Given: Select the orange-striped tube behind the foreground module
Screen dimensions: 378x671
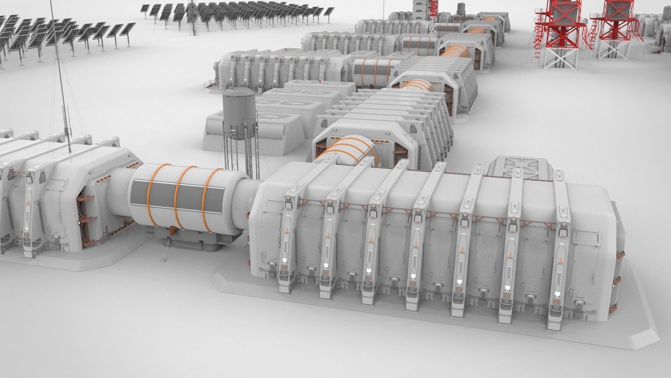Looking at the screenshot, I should [349, 150].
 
